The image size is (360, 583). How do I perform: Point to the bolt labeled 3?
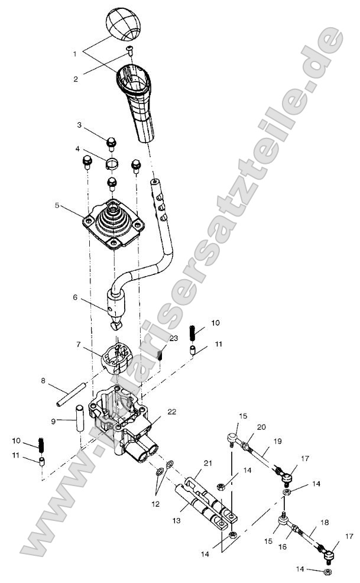pos(110,142)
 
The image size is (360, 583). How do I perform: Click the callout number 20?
pos(262,427)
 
